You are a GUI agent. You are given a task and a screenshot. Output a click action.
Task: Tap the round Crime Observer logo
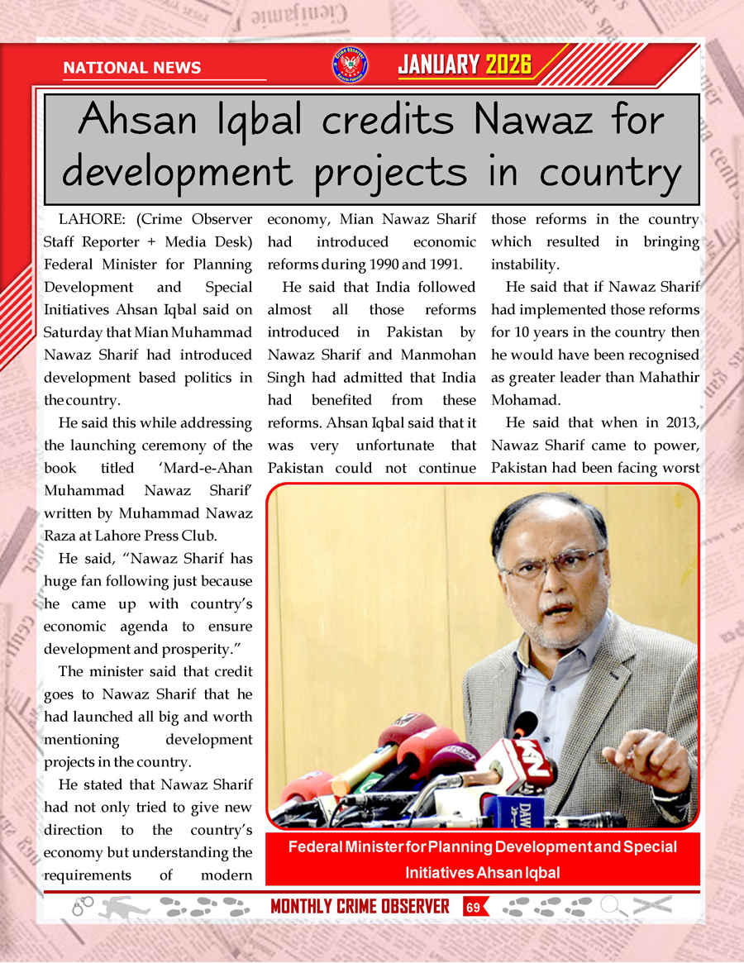tap(350, 65)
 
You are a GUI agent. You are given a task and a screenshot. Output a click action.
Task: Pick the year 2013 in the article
tap(680, 422)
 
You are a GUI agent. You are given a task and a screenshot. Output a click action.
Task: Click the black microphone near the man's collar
tap(524, 725)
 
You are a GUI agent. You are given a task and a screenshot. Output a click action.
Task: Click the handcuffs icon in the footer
tap(83, 906)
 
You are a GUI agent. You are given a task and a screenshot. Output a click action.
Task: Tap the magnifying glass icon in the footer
tap(613, 906)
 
